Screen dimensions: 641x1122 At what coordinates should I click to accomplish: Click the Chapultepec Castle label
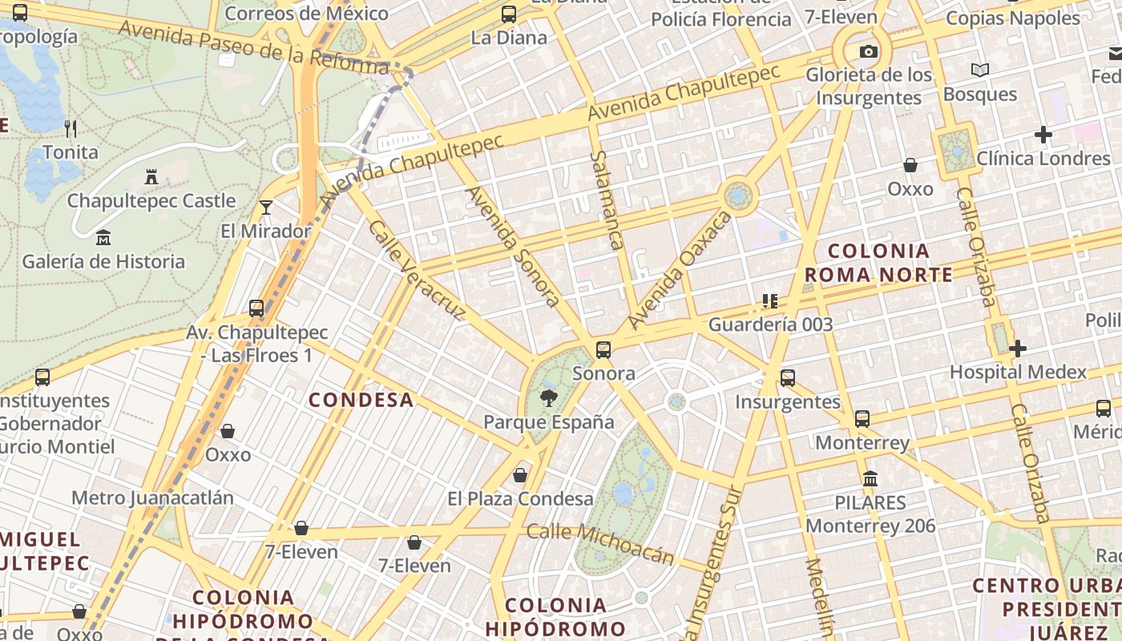pos(151,200)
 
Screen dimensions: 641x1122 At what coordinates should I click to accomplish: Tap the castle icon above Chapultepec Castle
pos(151,176)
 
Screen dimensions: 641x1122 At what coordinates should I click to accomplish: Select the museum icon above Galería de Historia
pos(103,237)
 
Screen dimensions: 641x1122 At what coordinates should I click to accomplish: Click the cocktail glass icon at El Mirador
pos(266,208)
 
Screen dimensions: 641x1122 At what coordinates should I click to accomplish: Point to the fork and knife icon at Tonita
pos(71,128)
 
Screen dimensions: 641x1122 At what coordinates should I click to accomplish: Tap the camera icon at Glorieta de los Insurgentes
pos(868,52)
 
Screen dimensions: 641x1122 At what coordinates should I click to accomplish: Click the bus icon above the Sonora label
pos(603,349)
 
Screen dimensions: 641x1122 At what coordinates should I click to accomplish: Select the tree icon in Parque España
pos(549,397)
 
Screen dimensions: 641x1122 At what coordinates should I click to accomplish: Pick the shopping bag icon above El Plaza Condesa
pos(520,475)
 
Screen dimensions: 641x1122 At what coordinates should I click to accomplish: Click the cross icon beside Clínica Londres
pos(1043,135)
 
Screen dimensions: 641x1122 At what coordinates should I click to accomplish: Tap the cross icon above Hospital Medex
pos(1018,349)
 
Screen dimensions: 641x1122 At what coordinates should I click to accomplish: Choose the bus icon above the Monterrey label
pos(862,418)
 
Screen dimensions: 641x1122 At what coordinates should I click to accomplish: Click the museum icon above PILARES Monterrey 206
pos(870,479)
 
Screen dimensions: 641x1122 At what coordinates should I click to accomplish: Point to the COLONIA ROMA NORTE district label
pos(879,263)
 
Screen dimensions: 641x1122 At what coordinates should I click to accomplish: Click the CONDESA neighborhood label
pos(361,400)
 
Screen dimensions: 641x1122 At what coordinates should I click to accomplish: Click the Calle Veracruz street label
pos(415,268)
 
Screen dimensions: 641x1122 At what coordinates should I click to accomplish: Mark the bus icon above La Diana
pos(509,14)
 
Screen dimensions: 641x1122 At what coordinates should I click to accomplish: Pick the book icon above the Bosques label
pos(980,71)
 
